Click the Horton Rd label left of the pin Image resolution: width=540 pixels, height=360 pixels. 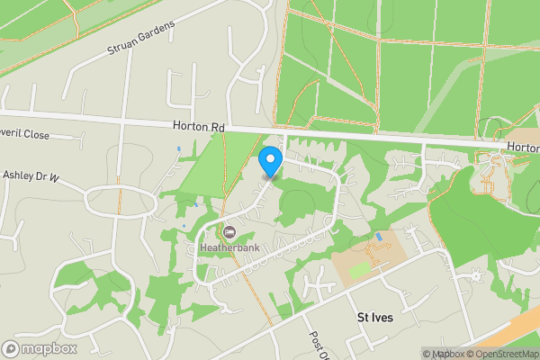click(x=198, y=128)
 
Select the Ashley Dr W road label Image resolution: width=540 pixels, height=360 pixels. click(x=31, y=175)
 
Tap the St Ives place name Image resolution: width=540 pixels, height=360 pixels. click(x=375, y=318)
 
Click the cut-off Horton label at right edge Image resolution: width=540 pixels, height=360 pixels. click(x=522, y=145)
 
